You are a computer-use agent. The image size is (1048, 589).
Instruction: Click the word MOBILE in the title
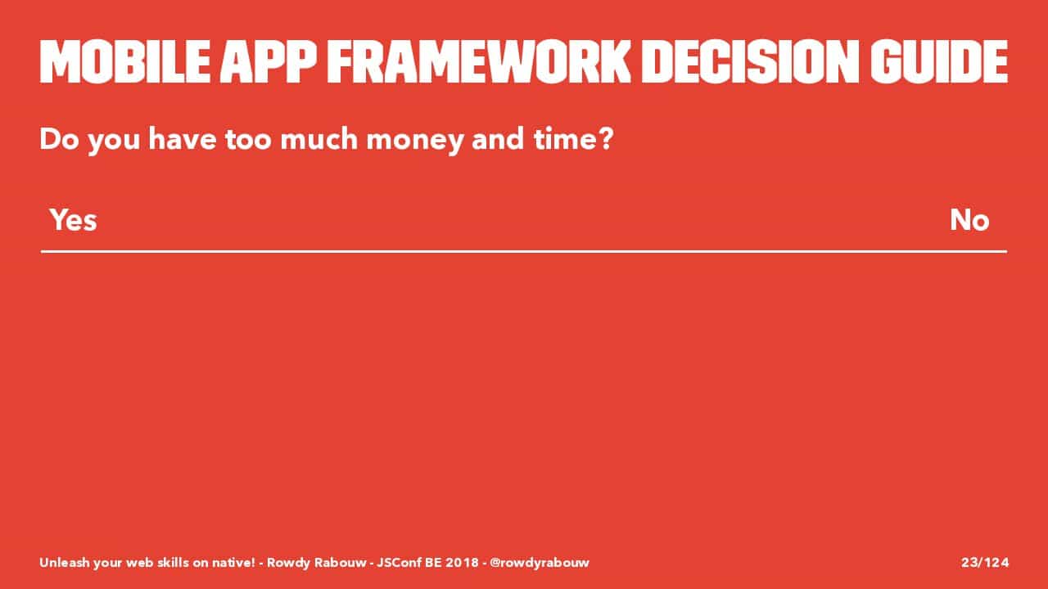click(125, 61)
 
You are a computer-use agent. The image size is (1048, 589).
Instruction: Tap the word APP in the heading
click(269, 61)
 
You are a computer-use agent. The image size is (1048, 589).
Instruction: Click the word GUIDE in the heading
click(939, 61)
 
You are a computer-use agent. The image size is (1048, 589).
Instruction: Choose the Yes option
click(74, 220)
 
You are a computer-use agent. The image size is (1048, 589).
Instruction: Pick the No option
click(969, 220)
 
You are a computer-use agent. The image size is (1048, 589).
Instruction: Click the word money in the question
click(414, 140)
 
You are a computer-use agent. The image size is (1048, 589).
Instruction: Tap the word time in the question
click(563, 139)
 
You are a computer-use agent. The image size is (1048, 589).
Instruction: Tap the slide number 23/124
click(985, 562)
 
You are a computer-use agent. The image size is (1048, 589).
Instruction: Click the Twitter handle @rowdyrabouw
click(540, 563)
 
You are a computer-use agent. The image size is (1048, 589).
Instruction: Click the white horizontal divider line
click(524, 251)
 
